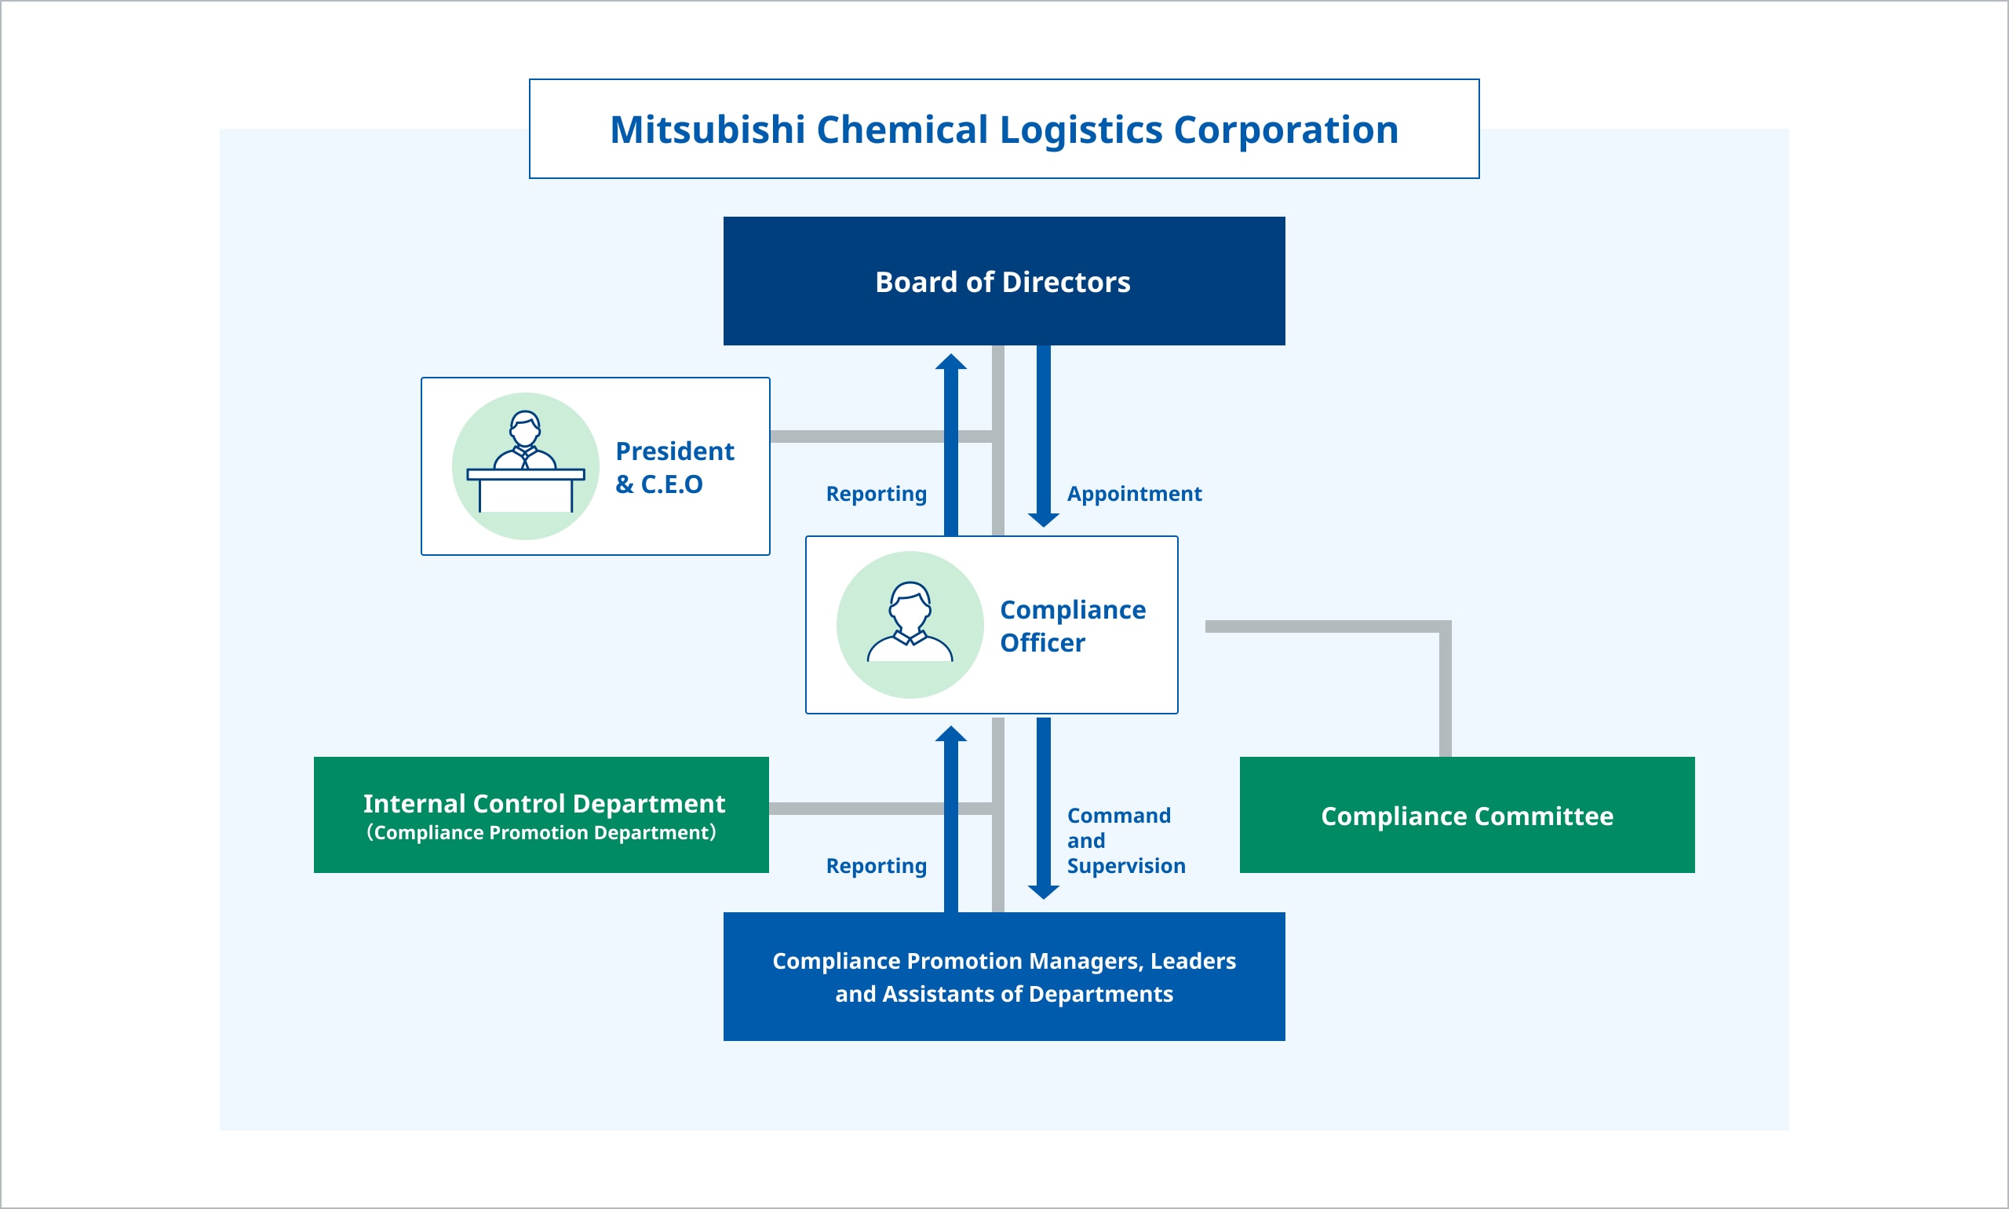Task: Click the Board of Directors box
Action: coord(1003,281)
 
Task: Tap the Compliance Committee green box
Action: coord(1467,816)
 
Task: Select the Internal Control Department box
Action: coord(541,816)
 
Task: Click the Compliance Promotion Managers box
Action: coord(1003,977)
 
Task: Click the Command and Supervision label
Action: coord(1125,841)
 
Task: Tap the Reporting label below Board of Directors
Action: coord(877,494)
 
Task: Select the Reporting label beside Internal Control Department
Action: coord(877,866)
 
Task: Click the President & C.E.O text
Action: coord(674,467)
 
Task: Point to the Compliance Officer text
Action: coord(1073,626)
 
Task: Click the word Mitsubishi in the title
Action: coord(707,130)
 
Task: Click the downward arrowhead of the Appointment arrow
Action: coord(1043,520)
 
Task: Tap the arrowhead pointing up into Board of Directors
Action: coord(950,362)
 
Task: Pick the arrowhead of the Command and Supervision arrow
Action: coord(1043,892)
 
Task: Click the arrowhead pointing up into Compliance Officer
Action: coord(950,733)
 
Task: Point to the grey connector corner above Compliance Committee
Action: coord(1445,626)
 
